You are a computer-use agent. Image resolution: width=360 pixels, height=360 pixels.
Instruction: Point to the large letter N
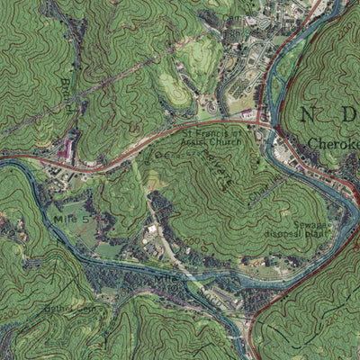pyautogui.click(x=310, y=114)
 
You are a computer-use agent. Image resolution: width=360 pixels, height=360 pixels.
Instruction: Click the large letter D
pyautogui.click(x=349, y=114)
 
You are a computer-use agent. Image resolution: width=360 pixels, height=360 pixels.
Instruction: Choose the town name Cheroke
pyautogui.click(x=333, y=142)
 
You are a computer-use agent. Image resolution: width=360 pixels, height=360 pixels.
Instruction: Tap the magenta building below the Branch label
pyautogui.click(x=65, y=149)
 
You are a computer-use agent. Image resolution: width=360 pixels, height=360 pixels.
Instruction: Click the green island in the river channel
pyautogui.click(x=193, y=286)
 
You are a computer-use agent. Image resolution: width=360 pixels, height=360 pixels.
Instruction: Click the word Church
pyautogui.click(x=221, y=142)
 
